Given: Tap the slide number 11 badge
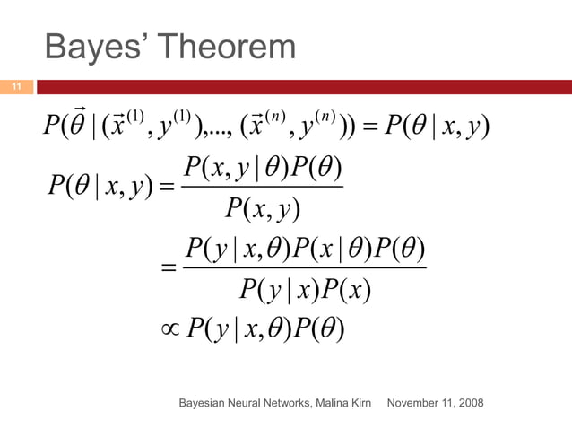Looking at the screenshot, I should click(x=15, y=87).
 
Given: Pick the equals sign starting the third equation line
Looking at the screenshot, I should click(x=168, y=267).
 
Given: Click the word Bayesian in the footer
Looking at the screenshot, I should click(x=203, y=403).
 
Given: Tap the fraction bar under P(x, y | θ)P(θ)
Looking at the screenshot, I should click(x=261, y=186).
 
